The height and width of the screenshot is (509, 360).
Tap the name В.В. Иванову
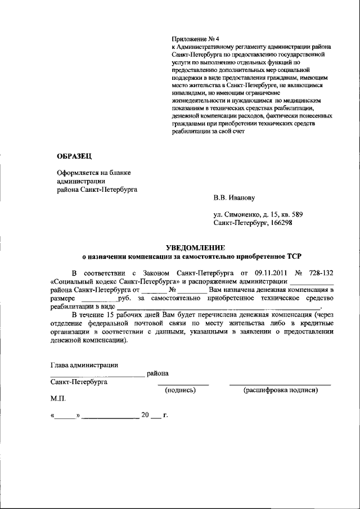tap(234, 198)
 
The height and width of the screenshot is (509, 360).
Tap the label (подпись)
tap(179, 389)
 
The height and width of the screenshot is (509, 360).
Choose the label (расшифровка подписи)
tap(280, 389)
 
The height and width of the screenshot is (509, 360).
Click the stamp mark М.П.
tap(58, 398)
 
